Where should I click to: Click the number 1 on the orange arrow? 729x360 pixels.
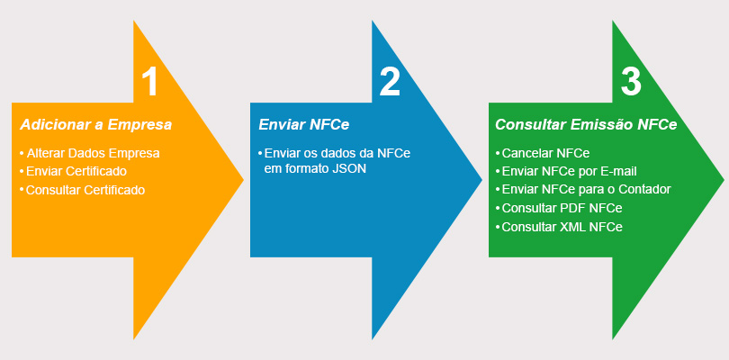[149, 81]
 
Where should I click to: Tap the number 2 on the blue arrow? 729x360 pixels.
[390, 81]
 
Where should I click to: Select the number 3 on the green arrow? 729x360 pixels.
[631, 81]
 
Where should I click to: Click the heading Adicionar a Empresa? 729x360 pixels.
[95, 125]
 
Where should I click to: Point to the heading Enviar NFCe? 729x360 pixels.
[303, 125]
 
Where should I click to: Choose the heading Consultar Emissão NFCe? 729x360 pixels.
[586, 125]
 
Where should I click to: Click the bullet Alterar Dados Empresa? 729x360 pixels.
[93, 153]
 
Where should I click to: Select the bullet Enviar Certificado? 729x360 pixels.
[76, 171]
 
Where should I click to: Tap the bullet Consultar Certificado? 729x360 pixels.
[85, 190]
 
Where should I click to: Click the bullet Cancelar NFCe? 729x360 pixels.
[545, 153]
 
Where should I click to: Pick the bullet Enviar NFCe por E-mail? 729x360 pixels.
[569, 171]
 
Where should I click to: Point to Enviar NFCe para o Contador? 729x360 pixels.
[587, 190]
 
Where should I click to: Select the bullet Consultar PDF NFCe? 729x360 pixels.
[562, 209]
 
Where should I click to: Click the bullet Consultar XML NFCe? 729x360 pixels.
[562, 227]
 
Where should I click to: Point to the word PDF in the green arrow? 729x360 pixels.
[574, 209]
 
